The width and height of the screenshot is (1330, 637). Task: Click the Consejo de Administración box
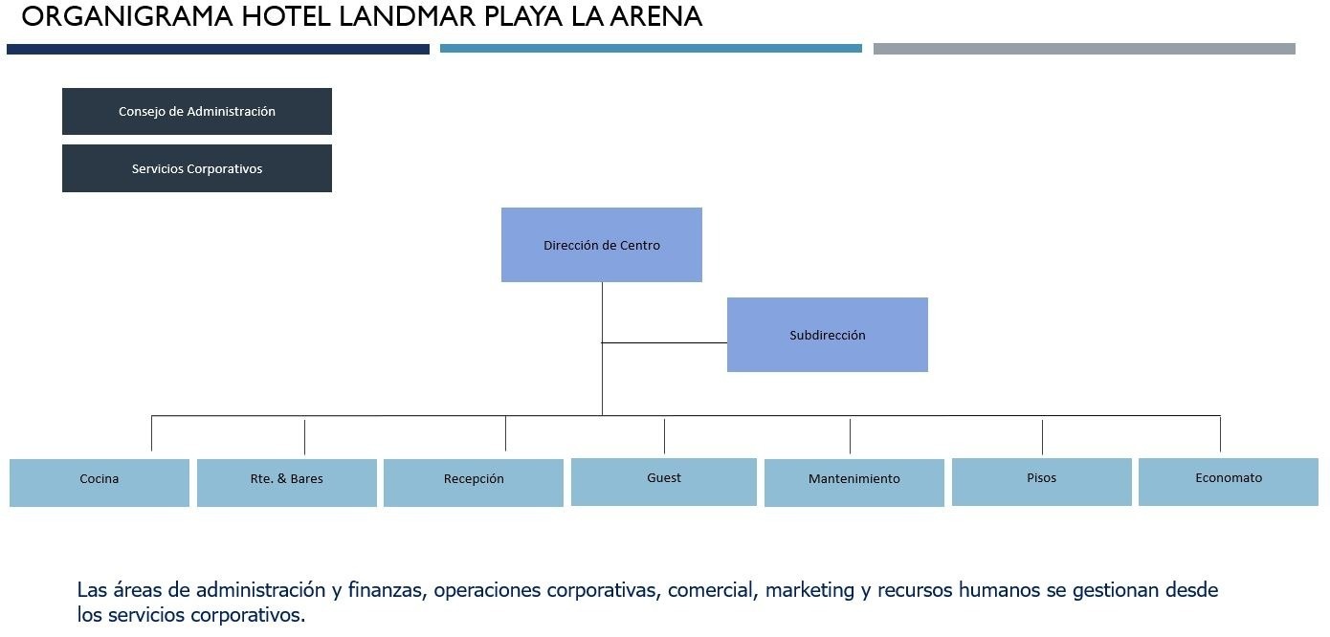pos(196,111)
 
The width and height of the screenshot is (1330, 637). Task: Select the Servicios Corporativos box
pos(196,168)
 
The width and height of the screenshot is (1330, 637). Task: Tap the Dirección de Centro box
pos(602,245)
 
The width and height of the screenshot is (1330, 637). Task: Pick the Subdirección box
pos(827,335)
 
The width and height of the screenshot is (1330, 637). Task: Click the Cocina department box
pos(100,483)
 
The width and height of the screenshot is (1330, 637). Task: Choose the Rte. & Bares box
pos(287,483)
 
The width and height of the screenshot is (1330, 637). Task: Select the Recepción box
pos(474,483)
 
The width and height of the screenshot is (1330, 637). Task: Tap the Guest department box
pos(664,482)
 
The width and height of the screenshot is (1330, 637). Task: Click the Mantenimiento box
pos(853,483)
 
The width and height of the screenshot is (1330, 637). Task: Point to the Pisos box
pos(1041,482)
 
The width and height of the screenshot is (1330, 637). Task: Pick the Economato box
pos(1229,482)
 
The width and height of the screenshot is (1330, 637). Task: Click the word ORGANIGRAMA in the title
pos(127,16)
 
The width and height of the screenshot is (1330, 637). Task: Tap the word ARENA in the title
pos(656,16)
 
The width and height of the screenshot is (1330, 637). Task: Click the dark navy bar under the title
pos(218,50)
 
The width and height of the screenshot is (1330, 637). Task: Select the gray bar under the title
pos(1084,49)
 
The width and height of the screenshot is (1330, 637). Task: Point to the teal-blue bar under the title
pos(651,48)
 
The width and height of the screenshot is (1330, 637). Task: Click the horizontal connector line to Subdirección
pos(664,342)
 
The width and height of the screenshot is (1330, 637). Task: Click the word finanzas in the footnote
pos(388,589)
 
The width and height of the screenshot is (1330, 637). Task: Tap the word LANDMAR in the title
pos(407,16)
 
